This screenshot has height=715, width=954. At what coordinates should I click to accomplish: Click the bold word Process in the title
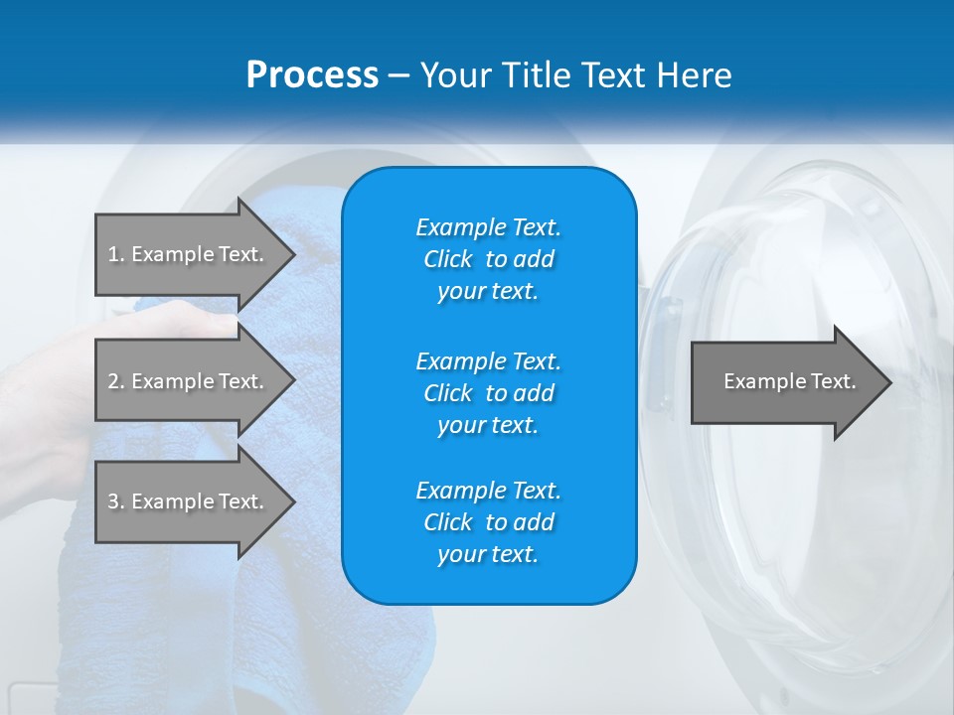312,75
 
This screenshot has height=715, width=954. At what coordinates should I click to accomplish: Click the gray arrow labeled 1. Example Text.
189,254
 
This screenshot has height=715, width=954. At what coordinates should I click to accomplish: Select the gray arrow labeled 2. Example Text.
189,381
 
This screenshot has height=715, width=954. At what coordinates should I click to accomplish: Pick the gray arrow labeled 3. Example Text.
189,501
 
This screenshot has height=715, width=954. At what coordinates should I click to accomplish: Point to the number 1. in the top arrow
116,254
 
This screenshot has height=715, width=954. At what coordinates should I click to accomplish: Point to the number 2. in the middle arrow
116,381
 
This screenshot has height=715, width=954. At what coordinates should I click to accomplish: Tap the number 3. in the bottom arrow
116,501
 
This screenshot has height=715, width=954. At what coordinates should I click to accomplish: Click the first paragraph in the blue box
488,259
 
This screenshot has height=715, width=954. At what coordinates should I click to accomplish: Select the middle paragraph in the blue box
488,392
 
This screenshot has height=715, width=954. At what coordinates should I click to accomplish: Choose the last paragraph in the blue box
488,522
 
